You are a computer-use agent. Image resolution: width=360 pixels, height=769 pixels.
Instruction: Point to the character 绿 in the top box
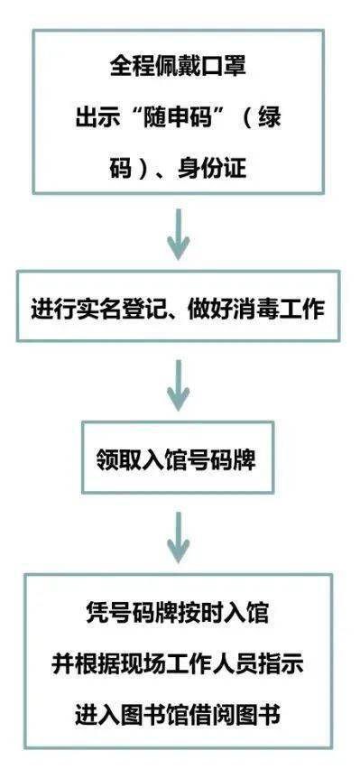282,117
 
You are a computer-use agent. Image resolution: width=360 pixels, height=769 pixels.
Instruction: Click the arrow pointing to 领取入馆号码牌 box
179,384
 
